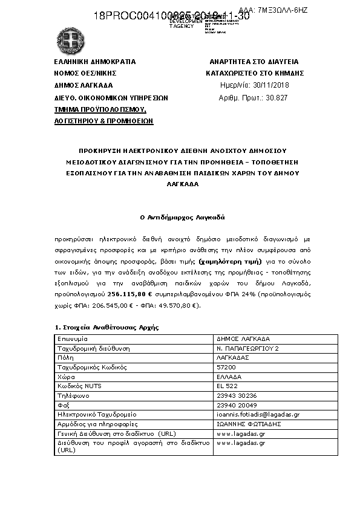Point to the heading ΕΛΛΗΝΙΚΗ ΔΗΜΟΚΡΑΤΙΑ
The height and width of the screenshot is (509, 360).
[x=94, y=62]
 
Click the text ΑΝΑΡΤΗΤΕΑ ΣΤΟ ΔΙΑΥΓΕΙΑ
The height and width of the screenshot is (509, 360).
[x=254, y=62]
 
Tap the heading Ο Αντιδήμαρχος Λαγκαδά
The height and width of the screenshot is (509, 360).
[x=179, y=216]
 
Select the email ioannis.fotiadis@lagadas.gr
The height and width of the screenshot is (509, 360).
[x=258, y=415]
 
